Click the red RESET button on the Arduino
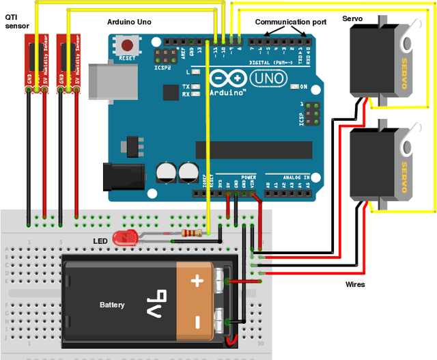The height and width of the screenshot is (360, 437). [x=126, y=47]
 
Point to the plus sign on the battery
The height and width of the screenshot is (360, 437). [x=198, y=280]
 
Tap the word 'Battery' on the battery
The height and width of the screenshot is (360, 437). [x=112, y=305]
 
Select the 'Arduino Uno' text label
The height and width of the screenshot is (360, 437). [x=129, y=22]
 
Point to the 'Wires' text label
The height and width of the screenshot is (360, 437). [x=355, y=284]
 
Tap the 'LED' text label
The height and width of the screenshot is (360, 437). [x=100, y=241]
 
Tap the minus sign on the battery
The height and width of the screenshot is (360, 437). [x=198, y=320]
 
